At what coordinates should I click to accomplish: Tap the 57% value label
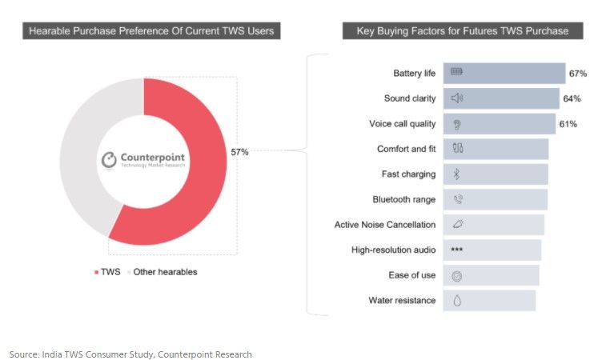click(x=240, y=152)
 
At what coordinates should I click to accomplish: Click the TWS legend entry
click(x=109, y=272)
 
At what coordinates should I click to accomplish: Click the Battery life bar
click(x=504, y=74)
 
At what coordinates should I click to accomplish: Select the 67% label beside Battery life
click(x=578, y=74)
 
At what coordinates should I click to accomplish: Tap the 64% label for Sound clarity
click(x=572, y=99)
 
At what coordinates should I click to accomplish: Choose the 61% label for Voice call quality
click(x=568, y=124)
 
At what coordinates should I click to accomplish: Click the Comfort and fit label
click(x=406, y=150)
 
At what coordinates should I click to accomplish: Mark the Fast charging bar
click(x=496, y=174)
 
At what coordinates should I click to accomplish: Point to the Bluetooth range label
click(x=403, y=200)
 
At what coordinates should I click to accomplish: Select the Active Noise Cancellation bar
click(x=494, y=225)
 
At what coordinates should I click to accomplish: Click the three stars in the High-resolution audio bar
click(x=457, y=250)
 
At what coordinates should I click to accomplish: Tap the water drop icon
click(x=457, y=301)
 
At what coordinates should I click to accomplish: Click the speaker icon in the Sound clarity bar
click(x=457, y=98)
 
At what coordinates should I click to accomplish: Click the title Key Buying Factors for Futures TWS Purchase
click(x=456, y=31)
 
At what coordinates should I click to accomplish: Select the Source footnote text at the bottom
click(x=130, y=354)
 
